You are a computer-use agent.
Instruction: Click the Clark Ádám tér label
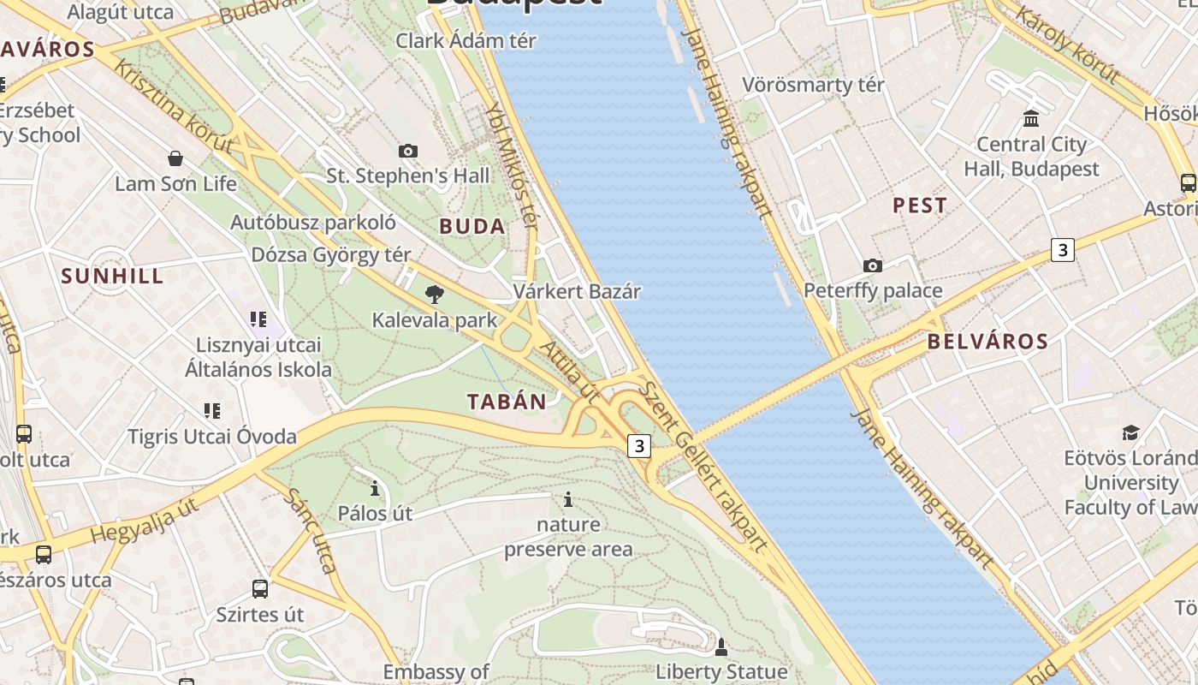466,40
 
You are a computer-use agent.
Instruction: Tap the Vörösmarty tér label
813,85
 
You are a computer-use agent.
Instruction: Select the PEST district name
920,205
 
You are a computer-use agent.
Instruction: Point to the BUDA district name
471,227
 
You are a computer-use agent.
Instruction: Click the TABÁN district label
507,402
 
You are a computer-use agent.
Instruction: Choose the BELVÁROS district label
987,342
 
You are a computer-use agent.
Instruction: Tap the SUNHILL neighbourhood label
112,276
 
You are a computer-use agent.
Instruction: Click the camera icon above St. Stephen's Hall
408,152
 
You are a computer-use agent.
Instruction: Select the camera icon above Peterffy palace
873,266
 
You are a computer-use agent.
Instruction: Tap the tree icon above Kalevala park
435,295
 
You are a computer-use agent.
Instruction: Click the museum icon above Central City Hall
1031,118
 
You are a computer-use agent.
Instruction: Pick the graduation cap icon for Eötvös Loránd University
1131,433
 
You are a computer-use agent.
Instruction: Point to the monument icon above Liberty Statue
721,646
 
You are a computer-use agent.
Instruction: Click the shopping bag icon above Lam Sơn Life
175,158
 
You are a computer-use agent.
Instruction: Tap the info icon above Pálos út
374,489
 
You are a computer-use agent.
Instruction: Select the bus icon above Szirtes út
260,589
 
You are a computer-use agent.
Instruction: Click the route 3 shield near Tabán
638,446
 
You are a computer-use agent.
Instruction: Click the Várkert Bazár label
577,291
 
